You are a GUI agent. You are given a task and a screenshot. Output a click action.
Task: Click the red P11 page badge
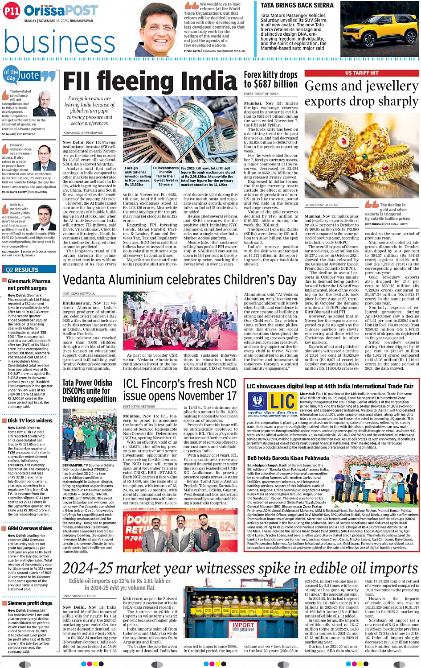(x=12, y=12)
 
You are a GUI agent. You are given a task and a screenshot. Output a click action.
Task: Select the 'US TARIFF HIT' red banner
(x=361, y=73)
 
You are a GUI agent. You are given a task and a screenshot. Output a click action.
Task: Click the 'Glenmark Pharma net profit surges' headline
(x=29, y=285)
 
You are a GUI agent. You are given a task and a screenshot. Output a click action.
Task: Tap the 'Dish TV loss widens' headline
(x=30, y=421)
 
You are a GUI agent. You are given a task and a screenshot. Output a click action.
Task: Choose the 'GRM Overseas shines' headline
(x=30, y=528)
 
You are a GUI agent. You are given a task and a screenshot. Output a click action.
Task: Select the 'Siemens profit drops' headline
(x=30, y=603)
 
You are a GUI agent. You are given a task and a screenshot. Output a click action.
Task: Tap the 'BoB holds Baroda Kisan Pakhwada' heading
(x=288, y=458)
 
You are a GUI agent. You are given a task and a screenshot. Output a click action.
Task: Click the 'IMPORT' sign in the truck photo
(x=243, y=625)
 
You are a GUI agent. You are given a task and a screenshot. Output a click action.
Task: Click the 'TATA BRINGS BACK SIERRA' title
(x=297, y=5)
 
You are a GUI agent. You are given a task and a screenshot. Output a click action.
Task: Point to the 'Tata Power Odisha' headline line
(x=87, y=383)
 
